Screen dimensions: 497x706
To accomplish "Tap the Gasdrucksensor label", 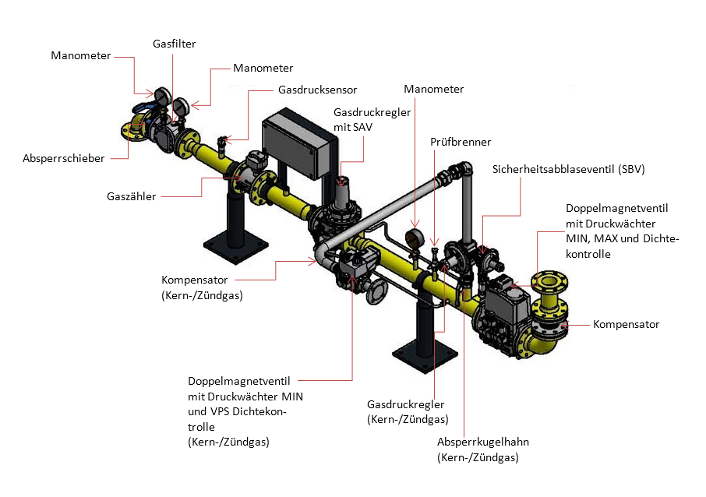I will pyautogui.click(x=317, y=90).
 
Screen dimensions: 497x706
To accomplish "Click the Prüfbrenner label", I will pyautogui.click(x=461, y=142).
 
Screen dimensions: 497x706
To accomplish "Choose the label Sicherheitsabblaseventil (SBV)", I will pyautogui.click(x=569, y=170).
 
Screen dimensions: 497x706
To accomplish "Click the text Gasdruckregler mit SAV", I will pyautogui.click(x=361, y=120).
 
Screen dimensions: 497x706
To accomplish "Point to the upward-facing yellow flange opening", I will pyautogui.click(x=545, y=280).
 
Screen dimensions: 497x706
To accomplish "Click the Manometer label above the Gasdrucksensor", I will pyautogui.click(x=263, y=69).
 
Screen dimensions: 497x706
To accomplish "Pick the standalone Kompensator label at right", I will pyautogui.click(x=626, y=324).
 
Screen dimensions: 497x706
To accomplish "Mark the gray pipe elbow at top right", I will pyautogui.click(x=461, y=170).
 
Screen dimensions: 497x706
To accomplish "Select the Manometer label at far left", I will pyautogui.click(x=80, y=56).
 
